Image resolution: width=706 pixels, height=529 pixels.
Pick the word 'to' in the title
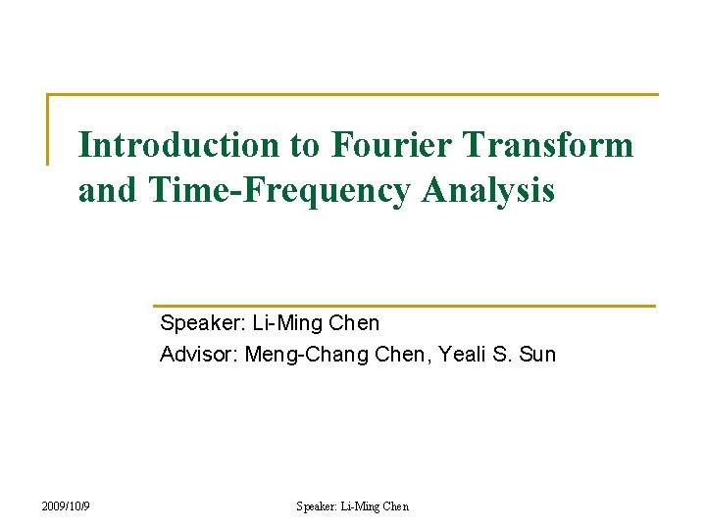[304, 145]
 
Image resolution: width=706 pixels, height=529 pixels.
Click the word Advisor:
[199, 354]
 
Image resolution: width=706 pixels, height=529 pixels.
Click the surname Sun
[537, 354]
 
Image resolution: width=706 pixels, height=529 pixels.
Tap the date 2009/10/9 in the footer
[67, 506]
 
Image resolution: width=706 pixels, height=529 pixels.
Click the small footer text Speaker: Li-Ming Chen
[353, 506]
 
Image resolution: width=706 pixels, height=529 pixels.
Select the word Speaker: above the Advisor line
[203, 322]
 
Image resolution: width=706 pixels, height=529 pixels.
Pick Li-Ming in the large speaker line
[285, 322]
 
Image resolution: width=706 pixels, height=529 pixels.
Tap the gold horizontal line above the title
[353, 95]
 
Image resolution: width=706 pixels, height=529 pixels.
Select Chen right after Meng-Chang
[400, 354]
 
